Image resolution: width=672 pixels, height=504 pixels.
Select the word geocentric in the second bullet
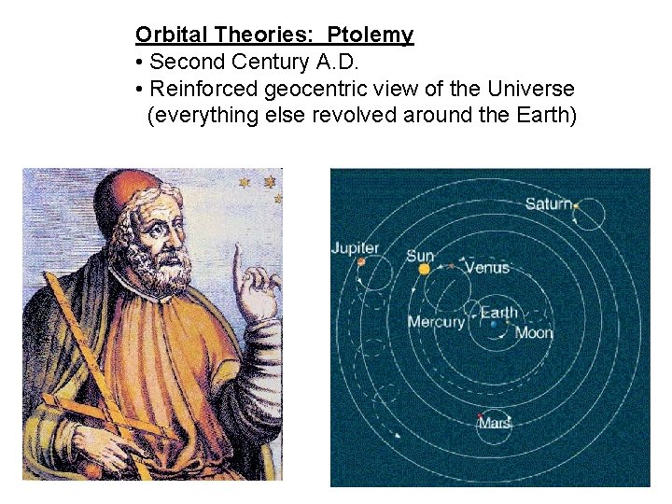[312, 90]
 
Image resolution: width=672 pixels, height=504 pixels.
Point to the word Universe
[531, 90]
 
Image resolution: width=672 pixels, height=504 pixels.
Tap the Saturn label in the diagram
[548, 203]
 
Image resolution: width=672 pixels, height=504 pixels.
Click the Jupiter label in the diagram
[355, 247]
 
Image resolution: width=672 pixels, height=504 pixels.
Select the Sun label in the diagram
[420, 255]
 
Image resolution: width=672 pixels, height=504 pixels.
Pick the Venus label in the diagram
[487, 268]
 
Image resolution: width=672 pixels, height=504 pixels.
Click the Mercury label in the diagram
[436, 322]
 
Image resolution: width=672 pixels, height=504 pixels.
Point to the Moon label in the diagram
[534, 332]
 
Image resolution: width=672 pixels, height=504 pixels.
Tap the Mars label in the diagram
[495, 424]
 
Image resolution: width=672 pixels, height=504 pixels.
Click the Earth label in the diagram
[499, 313]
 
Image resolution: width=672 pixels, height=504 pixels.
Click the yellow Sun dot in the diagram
[425, 269]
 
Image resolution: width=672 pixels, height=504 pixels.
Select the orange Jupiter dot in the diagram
[361, 262]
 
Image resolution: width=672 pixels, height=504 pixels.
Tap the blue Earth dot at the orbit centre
[493, 325]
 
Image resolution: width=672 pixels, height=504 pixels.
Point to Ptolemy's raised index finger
[237, 257]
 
